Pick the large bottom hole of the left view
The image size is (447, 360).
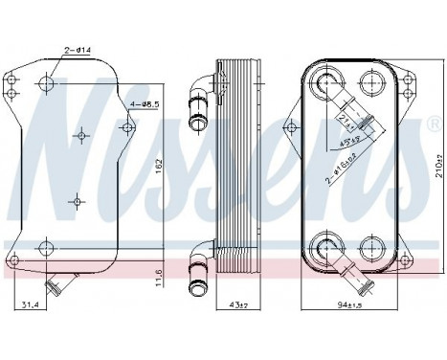click(43, 248)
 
